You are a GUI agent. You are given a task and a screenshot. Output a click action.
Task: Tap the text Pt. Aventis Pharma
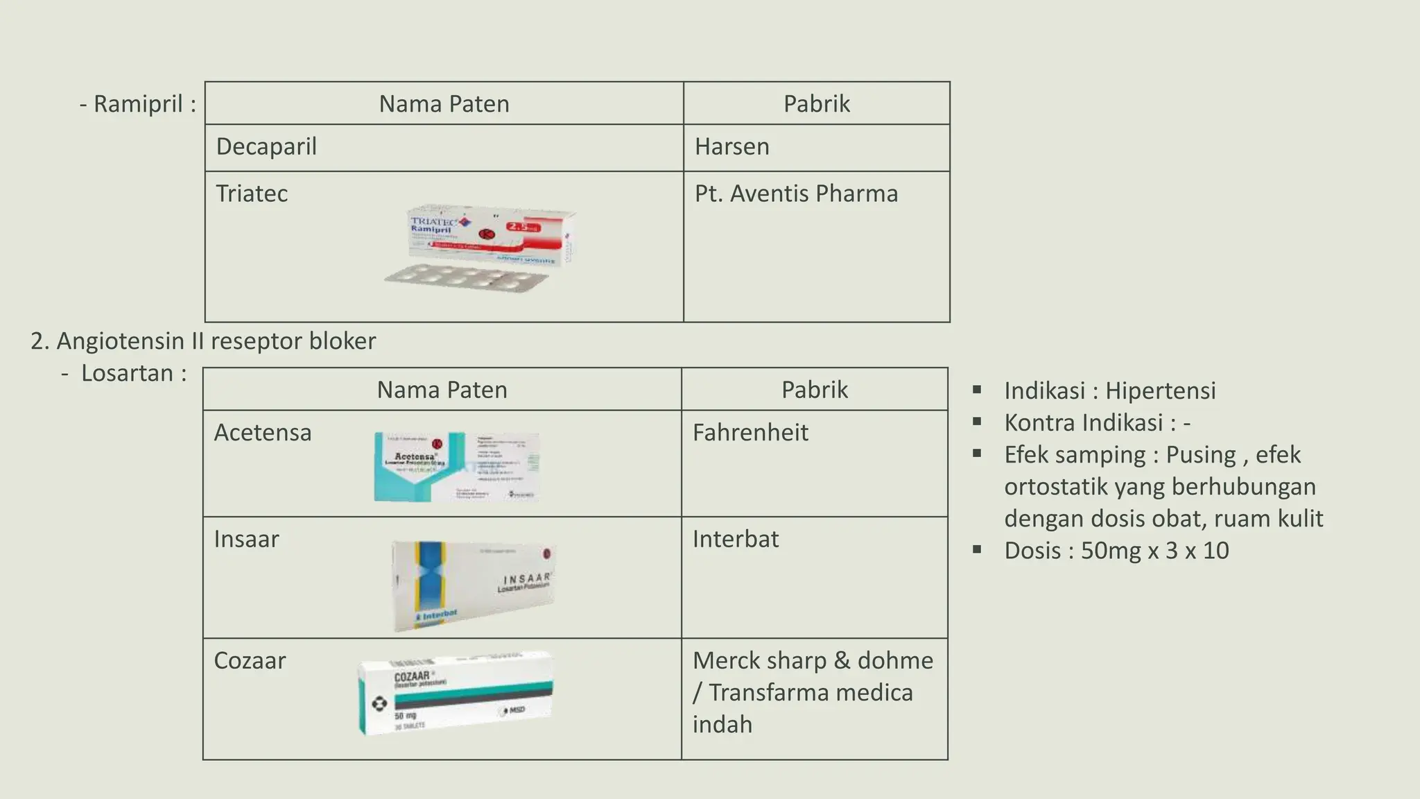point(796,194)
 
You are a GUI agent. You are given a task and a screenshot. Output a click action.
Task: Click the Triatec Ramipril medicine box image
point(490,235)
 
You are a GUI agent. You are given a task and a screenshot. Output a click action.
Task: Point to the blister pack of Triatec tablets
point(466,277)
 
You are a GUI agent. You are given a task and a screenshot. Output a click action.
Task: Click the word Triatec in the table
point(252,194)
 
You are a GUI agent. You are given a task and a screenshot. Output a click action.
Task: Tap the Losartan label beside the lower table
point(134,373)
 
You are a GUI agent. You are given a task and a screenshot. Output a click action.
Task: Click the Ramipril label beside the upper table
point(144,104)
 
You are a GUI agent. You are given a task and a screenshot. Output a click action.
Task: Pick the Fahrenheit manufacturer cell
point(750,433)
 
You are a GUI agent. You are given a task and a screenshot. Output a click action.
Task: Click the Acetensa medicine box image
point(456,467)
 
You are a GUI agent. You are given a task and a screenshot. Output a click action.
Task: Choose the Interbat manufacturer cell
point(736,539)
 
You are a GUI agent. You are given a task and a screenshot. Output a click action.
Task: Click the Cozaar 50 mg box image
point(456,693)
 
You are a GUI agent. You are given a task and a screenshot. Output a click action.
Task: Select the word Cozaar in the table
point(250,661)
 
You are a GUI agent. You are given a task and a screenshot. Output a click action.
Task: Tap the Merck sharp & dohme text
point(813,661)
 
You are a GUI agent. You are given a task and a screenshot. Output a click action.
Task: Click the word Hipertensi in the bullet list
point(1160,391)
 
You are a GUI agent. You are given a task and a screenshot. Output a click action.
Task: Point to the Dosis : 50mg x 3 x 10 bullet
point(1116,551)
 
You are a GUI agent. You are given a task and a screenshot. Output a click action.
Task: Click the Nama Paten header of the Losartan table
point(442,390)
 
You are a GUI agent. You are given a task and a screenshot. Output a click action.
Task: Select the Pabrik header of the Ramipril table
point(816,104)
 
